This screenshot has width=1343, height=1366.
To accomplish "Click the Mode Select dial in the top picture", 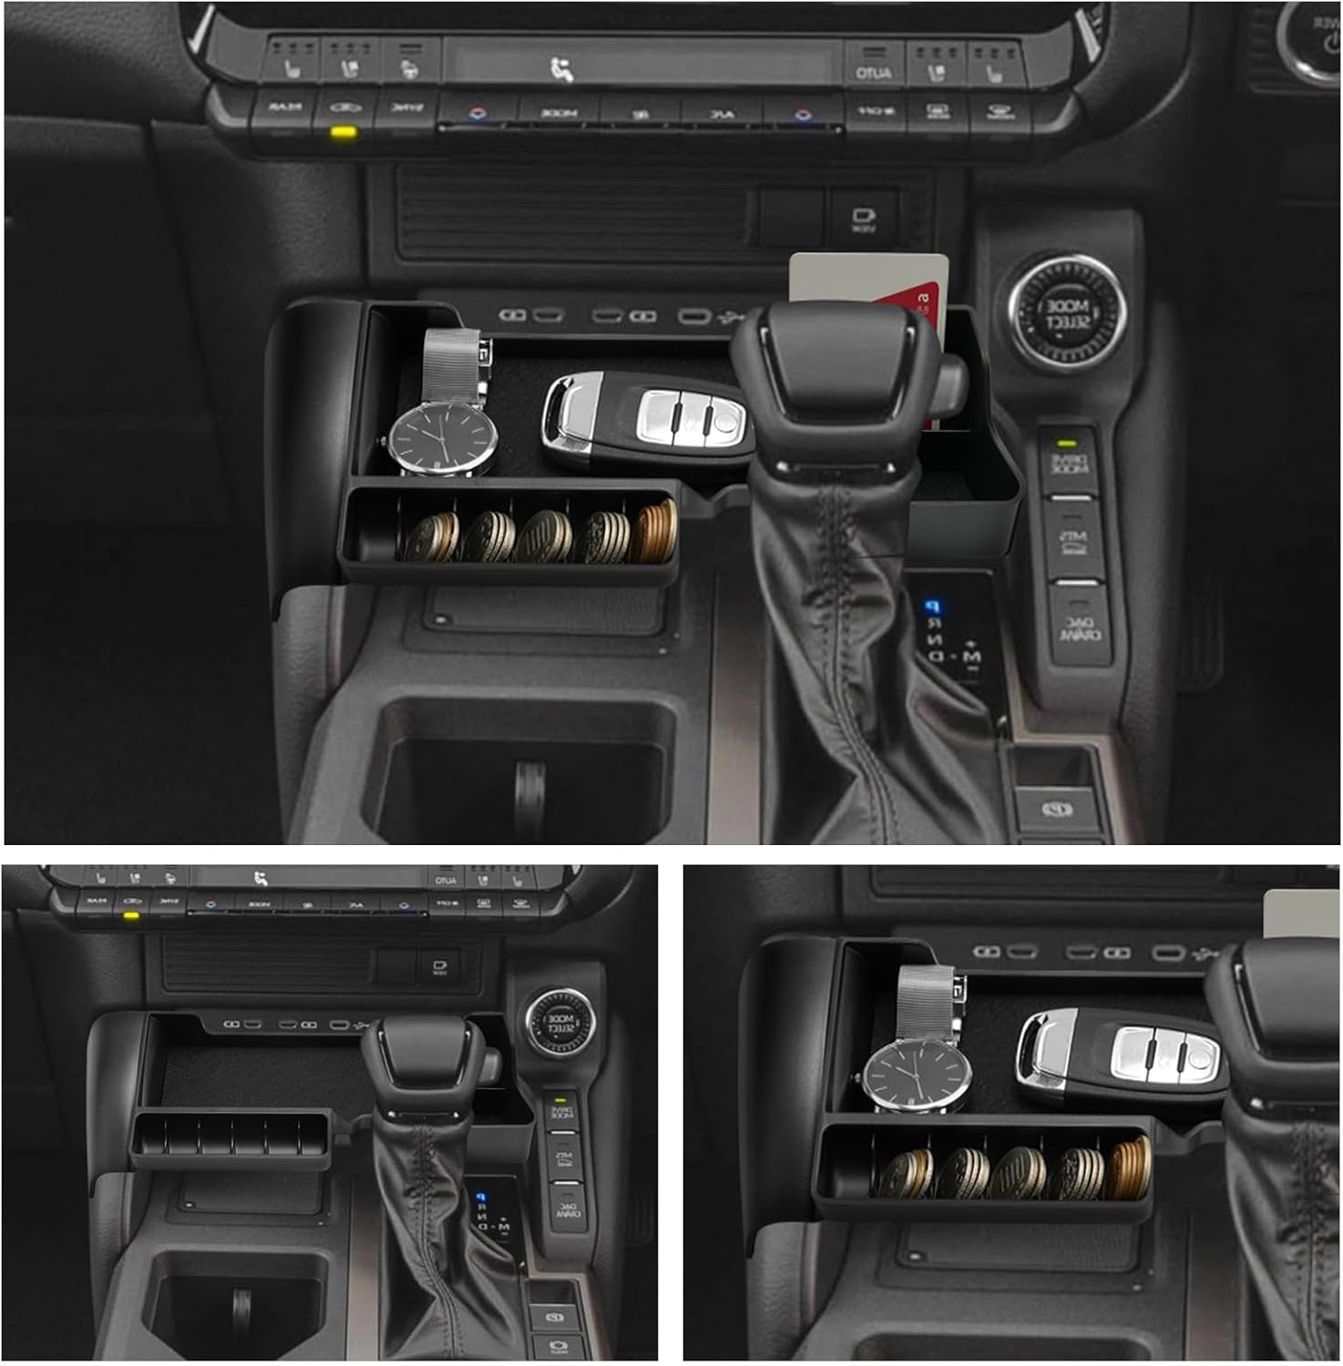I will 1066,313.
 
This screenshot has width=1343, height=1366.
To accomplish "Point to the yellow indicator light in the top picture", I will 343,132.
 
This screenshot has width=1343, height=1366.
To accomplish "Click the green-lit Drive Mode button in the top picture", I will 1069,461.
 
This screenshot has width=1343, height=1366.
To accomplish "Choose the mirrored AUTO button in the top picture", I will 873,73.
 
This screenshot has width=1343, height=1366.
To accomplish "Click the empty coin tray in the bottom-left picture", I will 231,1140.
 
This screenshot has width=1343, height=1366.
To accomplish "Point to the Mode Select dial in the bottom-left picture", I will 559,1023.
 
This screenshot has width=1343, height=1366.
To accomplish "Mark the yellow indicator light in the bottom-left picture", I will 131,914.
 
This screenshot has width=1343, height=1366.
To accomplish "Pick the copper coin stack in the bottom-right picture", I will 1131,1167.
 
